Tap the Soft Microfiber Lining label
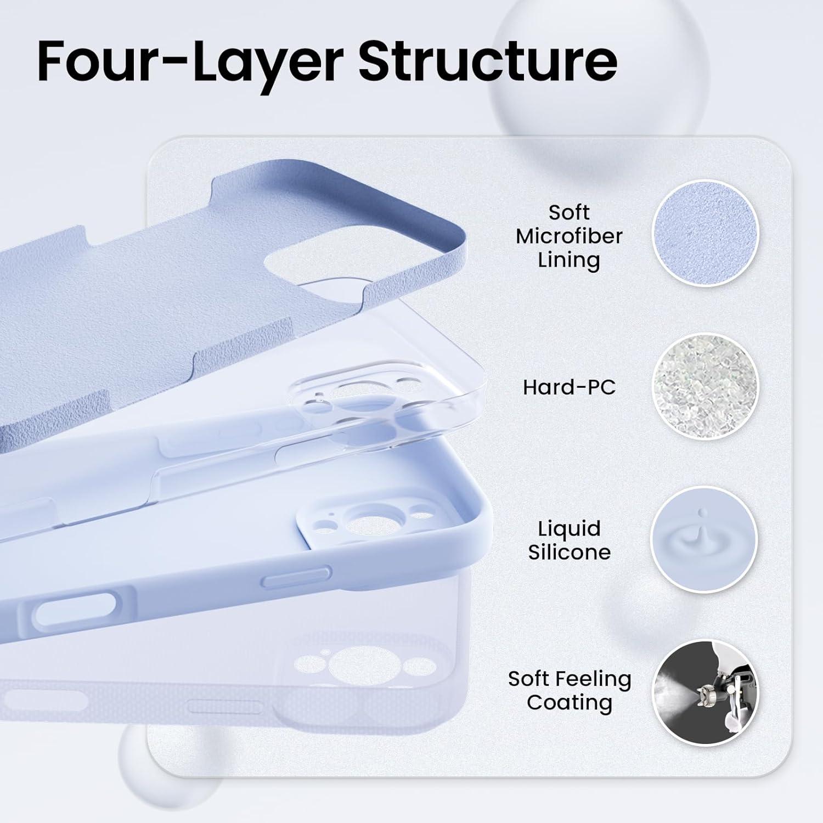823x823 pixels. (x=569, y=236)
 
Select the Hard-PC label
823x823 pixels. (x=569, y=387)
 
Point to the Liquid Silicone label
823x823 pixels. (x=569, y=540)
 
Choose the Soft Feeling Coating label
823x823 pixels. (x=570, y=691)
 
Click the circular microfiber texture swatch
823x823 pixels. (x=705, y=234)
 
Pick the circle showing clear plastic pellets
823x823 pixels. (x=705, y=387)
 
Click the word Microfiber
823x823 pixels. (x=569, y=236)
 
